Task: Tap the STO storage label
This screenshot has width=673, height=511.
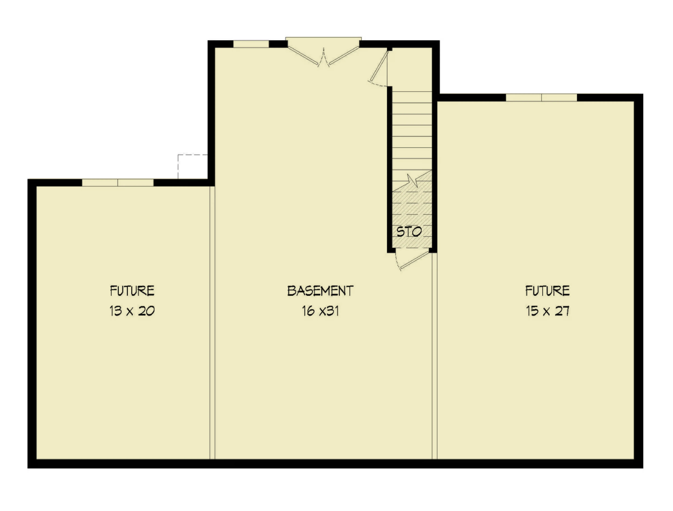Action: [409, 232]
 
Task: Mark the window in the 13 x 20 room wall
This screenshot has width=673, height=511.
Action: [118, 182]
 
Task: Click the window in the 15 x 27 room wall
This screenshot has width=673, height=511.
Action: [541, 98]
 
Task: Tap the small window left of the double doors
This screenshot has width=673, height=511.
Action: [251, 44]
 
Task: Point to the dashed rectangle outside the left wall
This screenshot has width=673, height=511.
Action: [192, 167]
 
